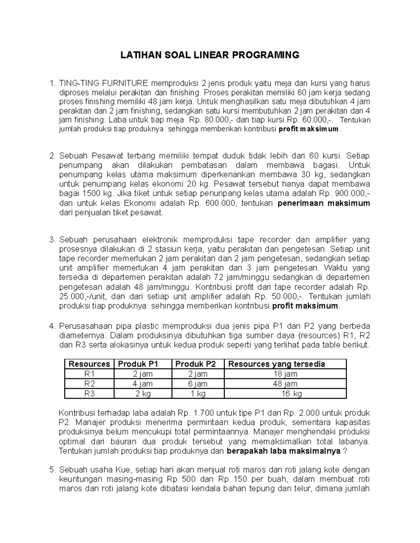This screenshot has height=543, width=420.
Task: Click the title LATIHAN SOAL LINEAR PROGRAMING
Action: (210, 55)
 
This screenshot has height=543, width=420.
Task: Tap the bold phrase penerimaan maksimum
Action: (324, 203)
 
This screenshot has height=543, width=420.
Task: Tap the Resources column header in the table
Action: (89, 364)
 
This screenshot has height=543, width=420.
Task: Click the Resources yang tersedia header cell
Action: (276, 364)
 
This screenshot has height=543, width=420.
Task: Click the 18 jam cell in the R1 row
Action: (285, 374)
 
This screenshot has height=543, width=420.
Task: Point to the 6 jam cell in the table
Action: (198, 384)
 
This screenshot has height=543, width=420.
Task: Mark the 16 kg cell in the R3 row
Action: (292, 394)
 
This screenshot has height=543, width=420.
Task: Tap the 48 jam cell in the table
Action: (285, 384)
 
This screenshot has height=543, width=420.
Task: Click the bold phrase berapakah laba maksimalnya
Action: (284, 451)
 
